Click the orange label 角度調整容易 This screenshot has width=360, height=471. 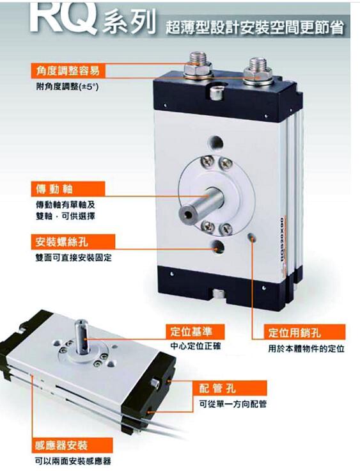(68, 71)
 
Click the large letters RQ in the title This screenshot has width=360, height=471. (63, 17)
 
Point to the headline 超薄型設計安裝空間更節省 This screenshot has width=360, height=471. (254, 28)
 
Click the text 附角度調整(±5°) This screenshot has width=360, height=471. (67, 87)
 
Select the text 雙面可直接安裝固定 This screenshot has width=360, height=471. (74, 258)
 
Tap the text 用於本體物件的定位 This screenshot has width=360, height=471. (306, 349)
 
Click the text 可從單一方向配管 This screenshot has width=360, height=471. (233, 404)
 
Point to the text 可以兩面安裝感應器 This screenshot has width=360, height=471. (74, 461)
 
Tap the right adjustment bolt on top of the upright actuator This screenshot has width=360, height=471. (258, 72)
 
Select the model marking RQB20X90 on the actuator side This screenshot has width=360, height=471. (282, 241)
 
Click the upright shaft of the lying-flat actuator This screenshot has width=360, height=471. (81, 336)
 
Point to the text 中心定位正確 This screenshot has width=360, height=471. (196, 346)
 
